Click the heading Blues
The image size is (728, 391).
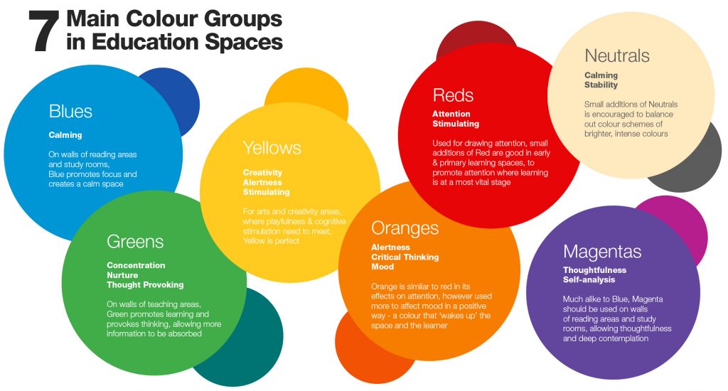pyautogui.click(x=70, y=112)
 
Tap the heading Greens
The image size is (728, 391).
pyautogui.click(x=135, y=242)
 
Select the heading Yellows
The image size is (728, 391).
pyautogui.click(x=272, y=148)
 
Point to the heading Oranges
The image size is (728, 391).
pyautogui.click(x=405, y=228)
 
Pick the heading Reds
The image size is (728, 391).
pyautogui.click(x=453, y=95)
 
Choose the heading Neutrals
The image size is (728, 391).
pyautogui.click(x=616, y=56)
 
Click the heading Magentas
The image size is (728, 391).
pyautogui.click(x=601, y=252)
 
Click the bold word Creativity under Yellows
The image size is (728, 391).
pyautogui.click(x=262, y=173)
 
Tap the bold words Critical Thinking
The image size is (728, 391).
pyautogui.click(x=405, y=257)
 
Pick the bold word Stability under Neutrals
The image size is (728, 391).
pyautogui.click(x=601, y=85)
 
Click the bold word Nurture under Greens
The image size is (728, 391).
pyautogui.click(x=122, y=275)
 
